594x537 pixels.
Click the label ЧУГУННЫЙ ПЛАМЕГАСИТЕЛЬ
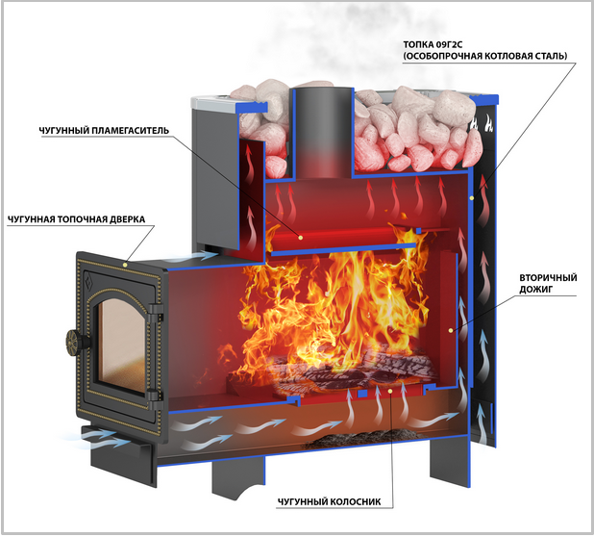coord(104,131)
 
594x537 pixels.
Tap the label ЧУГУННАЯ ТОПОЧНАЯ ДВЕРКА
coord(76,219)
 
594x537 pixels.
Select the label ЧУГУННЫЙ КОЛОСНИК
coord(329,501)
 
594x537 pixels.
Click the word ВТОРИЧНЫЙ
coord(548,277)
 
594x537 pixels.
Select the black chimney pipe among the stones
coord(322,133)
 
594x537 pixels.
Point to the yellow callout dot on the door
coord(125,264)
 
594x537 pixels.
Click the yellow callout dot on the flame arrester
coord(301,238)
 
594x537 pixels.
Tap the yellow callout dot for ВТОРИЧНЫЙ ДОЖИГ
coord(451,331)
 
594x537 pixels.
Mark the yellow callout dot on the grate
coord(390,391)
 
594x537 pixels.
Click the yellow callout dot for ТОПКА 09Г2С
coord(472,198)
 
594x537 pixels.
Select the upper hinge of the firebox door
coord(156,313)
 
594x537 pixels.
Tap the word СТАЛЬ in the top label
coord(551,56)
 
